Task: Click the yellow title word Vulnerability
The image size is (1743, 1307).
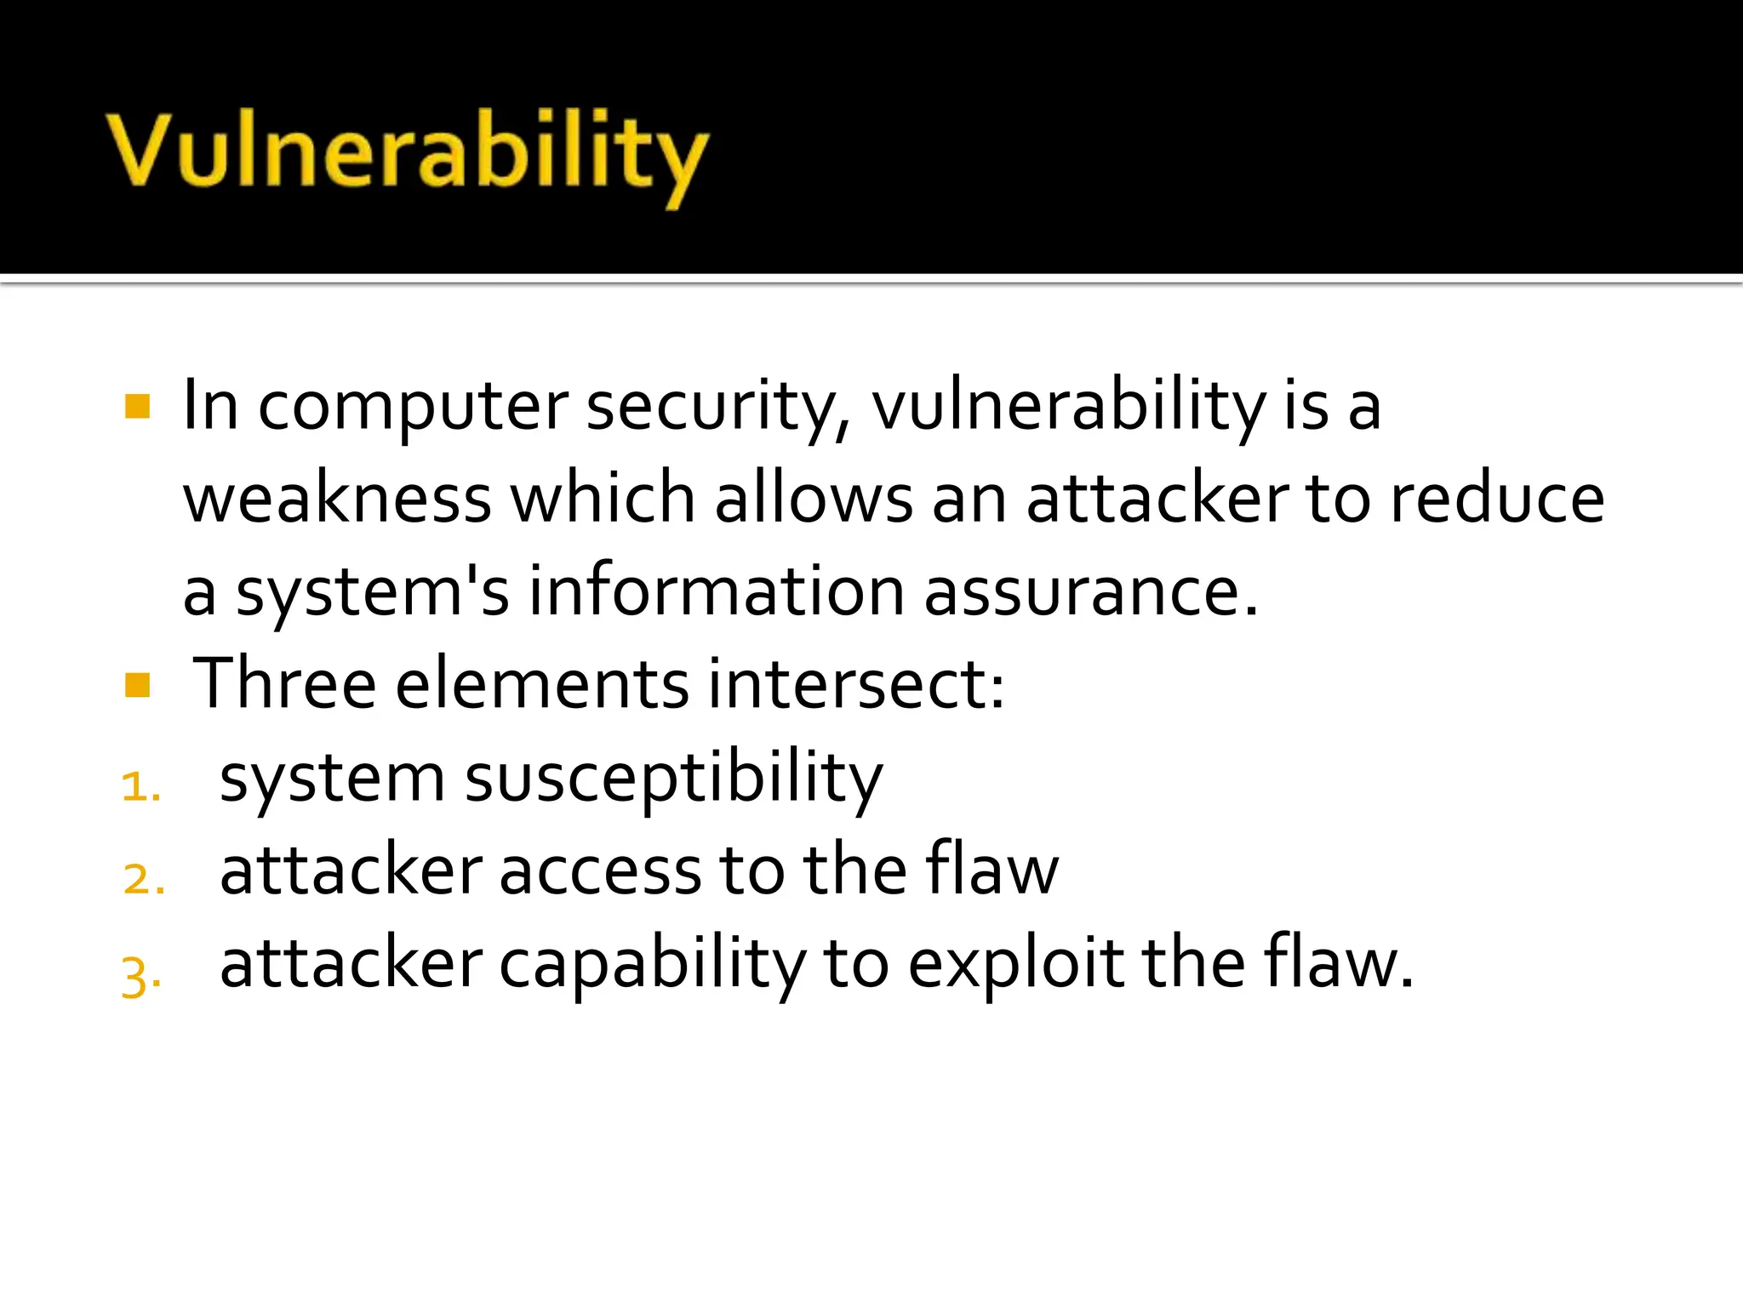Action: tap(407, 153)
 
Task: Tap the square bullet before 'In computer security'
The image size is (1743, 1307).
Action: tap(137, 406)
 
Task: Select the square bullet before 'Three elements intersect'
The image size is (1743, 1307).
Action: tap(137, 685)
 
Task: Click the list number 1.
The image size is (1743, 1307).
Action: tap(140, 786)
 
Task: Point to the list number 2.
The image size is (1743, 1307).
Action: tap(143, 879)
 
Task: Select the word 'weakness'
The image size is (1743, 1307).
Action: tap(337, 499)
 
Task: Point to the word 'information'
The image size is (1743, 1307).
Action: tap(716, 591)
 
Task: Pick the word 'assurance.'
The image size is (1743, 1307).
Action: tap(1090, 591)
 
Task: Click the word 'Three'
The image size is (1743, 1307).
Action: tap(284, 684)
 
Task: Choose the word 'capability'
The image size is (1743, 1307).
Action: tap(651, 966)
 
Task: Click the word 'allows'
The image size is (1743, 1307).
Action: tap(814, 499)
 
